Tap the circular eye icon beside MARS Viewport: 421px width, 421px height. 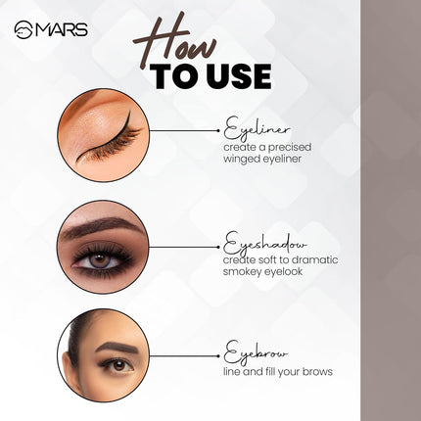tap(23, 29)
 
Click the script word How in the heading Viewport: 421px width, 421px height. tap(177, 40)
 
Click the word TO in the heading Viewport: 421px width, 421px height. tap(172, 77)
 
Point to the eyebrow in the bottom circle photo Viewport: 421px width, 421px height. tap(113, 347)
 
